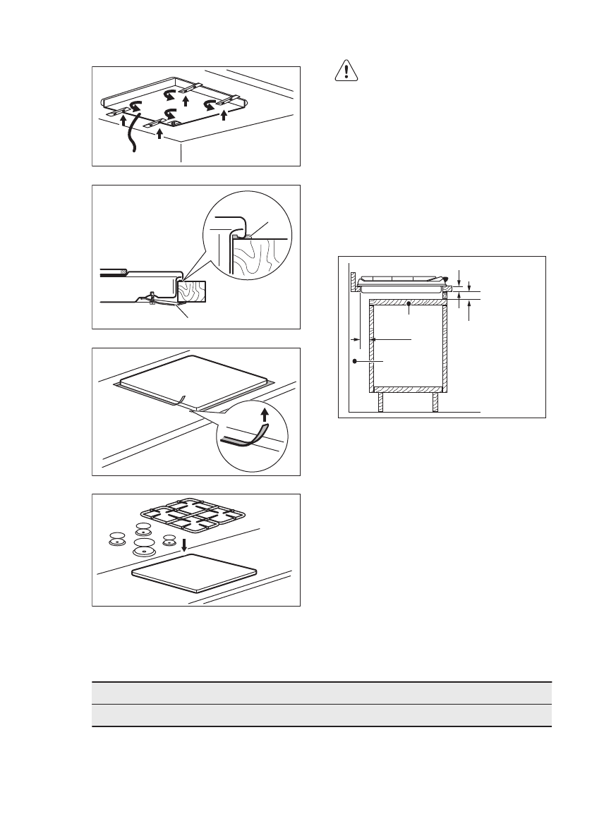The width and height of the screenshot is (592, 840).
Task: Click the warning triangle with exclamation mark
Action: pyautogui.click(x=346, y=71)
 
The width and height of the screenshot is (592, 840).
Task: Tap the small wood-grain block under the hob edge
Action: pyautogui.click(x=192, y=291)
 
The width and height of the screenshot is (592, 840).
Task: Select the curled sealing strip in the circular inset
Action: pyautogui.click(x=246, y=439)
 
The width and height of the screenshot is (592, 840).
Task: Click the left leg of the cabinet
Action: pyautogui.click(x=381, y=402)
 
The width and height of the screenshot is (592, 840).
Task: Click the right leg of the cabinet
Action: pyautogui.click(x=435, y=402)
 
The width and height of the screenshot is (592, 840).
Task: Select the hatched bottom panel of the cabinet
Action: pyautogui.click(x=408, y=389)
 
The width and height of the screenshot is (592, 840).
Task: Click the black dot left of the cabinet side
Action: pyautogui.click(x=355, y=360)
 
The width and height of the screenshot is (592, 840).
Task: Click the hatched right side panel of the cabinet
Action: pyautogui.click(x=445, y=346)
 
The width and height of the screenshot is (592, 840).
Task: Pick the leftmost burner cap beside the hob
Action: pyautogui.click(x=116, y=540)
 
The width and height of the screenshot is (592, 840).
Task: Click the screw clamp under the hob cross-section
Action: pyautogui.click(x=152, y=299)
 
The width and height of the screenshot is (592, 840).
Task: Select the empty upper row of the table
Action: pyautogui.click(x=321, y=693)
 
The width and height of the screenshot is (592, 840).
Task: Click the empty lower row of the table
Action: pyautogui.click(x=321, y=714)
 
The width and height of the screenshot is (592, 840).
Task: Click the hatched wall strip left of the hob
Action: pyautogui.click(x=354, y=283)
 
